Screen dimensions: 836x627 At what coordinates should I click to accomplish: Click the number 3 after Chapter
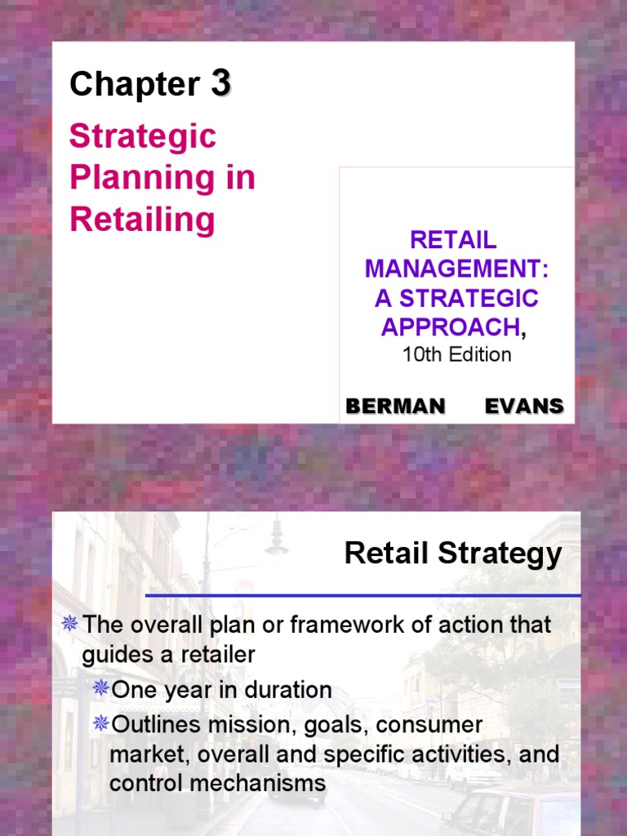(x=221, y=83)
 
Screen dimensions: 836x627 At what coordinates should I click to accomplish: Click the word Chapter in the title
(x=134, y=84)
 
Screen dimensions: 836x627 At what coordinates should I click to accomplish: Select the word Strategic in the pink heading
(x=143, y=136)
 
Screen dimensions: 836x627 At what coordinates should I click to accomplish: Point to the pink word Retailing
(x=142, y=220)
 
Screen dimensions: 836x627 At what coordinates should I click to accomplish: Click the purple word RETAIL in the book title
(x=453, y=240)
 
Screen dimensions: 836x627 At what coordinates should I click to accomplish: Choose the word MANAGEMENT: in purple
(x=456, y=269)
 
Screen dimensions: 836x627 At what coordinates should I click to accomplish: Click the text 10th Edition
(x=457, y=354)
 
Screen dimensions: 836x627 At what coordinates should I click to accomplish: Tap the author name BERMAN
(x=395, y=406)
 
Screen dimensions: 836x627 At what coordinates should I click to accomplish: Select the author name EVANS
(x=524, y=406)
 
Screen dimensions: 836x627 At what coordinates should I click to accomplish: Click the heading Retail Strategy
(x=453, y=554)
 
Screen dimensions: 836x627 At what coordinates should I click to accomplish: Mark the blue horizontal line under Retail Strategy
(x=363, y=596)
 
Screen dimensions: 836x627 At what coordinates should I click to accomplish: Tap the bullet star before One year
(x=100, y=688)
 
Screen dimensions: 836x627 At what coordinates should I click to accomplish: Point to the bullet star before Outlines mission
(x=100, y=723)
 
